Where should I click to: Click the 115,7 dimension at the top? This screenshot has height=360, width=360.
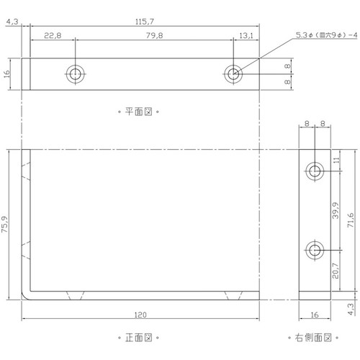tap(145, 22)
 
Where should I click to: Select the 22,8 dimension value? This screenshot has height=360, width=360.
tap(53, 35)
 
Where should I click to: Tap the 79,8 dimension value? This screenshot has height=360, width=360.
tap(154, 35)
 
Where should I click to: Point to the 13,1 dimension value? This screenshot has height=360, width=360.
tap(246, 35)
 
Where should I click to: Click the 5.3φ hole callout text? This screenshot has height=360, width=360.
tap(326, 35)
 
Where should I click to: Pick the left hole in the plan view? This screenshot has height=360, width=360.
tap(76, 74)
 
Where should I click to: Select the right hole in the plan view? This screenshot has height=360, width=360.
tap(233, 74)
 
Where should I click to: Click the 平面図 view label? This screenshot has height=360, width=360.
tap(138, 112)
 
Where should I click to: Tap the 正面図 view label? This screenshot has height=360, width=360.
tap(138, 338)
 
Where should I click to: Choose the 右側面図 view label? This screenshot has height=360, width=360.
tap(313, 338)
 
